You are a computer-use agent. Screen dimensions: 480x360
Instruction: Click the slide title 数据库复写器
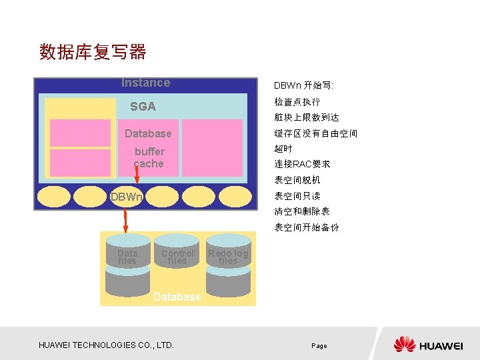tap(93, 51)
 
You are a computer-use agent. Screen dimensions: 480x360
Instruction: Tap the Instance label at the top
tap(145, 83)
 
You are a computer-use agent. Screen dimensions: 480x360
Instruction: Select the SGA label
tap(143, 107)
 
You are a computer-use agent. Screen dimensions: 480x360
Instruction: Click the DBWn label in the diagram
tap(126, 197)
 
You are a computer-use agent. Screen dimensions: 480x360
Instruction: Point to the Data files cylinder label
tap(127, 257)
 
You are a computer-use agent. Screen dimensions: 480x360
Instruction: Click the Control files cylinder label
tap(177, 257)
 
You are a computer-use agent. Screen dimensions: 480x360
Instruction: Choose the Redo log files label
tap(228, 257)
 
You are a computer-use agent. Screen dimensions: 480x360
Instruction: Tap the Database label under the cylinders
tap(177, 297)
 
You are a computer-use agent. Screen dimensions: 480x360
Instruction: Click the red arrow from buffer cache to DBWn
tap(136, 175)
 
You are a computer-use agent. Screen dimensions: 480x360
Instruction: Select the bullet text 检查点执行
tap(297, 102)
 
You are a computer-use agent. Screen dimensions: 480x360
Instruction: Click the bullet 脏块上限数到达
tap(307, 117)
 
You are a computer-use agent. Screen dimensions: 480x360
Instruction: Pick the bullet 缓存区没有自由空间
tap(316, 133)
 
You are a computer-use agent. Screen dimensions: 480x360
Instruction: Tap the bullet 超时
tap(283, 149)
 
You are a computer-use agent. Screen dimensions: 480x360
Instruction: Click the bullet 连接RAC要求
tap(303, 164)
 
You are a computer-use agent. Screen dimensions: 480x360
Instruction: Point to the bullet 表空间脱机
tap(297, 180)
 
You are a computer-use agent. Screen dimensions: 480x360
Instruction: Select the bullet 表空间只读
tap(297, 196)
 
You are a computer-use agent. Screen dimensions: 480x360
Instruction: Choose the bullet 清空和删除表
tap(302, 211)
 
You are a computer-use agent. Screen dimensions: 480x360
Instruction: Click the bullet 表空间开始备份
tap(307, 227)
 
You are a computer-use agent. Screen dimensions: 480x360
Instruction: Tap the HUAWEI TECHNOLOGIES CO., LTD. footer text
tap(107, 345)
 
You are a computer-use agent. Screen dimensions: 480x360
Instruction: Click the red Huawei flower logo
tap(405, 344)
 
